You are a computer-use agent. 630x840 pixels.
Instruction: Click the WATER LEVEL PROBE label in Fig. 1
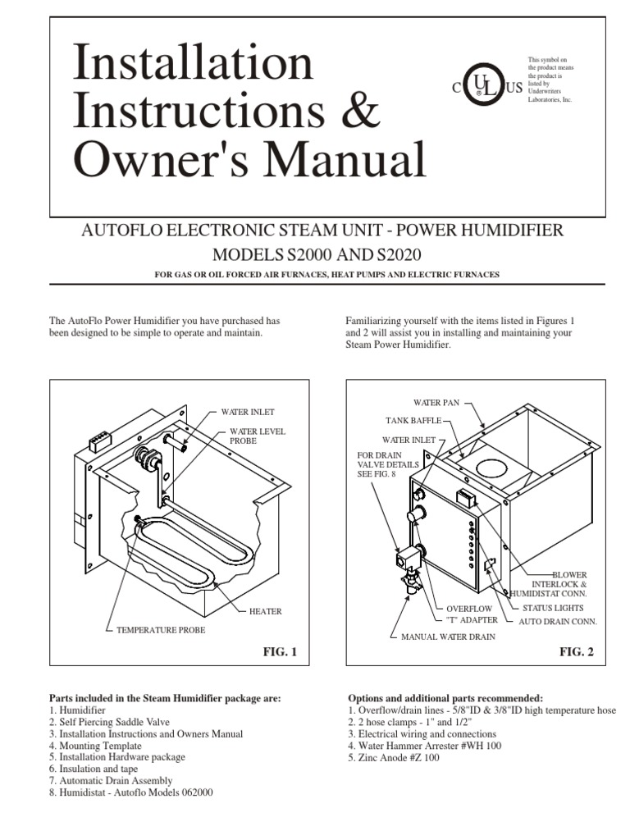(x=257, y=436)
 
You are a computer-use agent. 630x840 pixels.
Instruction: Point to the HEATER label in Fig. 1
(x=265, y=611)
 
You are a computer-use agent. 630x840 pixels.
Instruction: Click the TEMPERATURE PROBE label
(x=159, y=629)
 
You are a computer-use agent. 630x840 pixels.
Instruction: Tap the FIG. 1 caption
(x=279, y=652)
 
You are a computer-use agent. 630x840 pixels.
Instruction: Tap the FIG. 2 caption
(x=576, y=652)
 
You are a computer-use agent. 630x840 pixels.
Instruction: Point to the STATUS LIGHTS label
(x=553, y=608)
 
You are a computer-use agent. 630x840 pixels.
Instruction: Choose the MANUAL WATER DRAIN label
(x=448, y=637)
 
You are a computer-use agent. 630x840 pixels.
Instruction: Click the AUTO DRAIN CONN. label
(x=557, y=621)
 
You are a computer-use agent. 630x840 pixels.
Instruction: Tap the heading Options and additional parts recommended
(x=445, y=697)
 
